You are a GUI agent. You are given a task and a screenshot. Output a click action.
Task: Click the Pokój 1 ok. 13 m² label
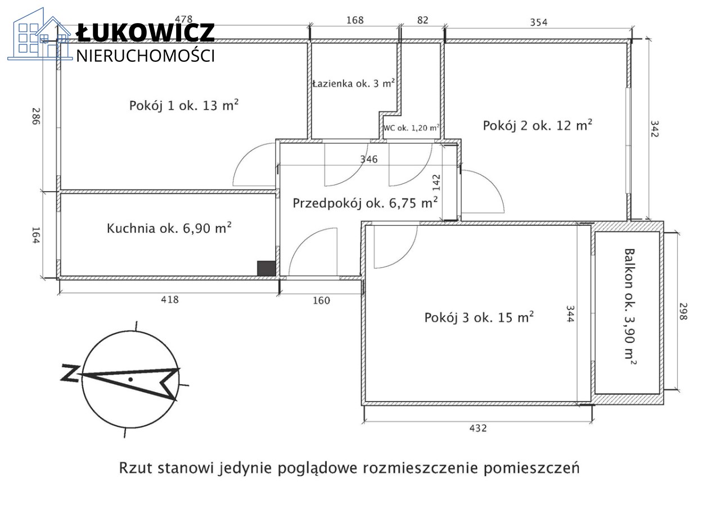[184, 105]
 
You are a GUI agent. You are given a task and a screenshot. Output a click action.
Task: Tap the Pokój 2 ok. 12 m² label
[537, 125]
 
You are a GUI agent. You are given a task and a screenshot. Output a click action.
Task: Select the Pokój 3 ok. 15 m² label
[479, 317]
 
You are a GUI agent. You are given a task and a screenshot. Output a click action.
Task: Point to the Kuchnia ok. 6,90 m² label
[169, 228]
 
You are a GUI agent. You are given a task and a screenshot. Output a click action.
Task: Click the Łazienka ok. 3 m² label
[354, 84]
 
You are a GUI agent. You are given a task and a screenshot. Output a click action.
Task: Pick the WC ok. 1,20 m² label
[411, 128]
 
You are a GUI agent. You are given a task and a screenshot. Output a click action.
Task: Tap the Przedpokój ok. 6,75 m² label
[365, 203]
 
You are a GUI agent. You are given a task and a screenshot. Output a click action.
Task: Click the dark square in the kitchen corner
[266, 268]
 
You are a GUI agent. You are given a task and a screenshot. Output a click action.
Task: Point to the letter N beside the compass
[70, 373]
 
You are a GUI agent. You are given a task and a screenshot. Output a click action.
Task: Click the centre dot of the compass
[130, 379]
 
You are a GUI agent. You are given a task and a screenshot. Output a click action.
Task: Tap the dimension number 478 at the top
[183, 20]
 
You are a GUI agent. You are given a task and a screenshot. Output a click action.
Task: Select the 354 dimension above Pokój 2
[539, 22]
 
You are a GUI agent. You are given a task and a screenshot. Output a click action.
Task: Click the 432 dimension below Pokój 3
[478, 428]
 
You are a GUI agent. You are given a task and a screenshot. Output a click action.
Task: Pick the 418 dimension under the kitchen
[170, 299]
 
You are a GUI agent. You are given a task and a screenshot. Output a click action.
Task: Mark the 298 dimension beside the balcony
[683, 311]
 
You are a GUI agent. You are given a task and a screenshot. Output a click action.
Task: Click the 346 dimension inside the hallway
[368, 159]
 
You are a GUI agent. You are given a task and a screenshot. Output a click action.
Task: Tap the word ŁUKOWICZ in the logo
[145, 33]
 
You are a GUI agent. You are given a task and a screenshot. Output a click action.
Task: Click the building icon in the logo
[40, 34]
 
